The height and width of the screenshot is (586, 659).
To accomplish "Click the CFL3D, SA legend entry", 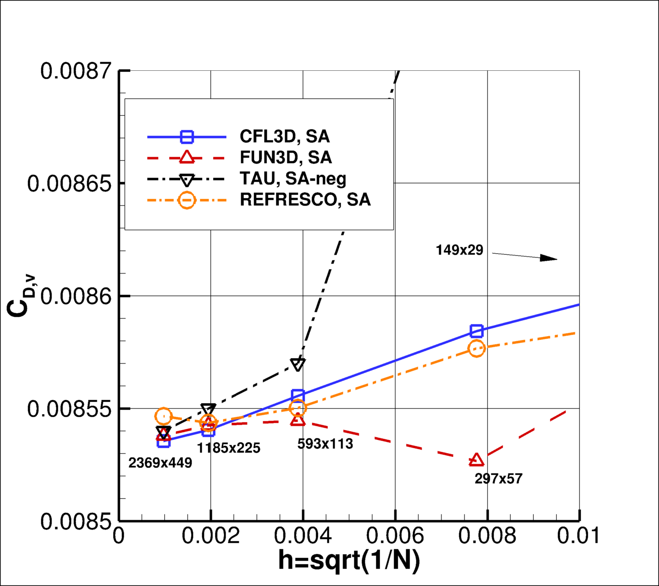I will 284,136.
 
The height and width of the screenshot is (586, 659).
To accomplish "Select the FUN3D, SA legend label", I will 286,158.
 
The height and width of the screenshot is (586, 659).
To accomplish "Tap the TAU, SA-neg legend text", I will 293,178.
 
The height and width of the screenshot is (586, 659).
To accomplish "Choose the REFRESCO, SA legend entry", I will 305,200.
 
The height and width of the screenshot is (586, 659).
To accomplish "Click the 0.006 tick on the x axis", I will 395,536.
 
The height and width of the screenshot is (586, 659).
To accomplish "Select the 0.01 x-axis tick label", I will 578,536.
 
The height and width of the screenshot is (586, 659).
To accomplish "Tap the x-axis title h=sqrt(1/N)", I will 349,561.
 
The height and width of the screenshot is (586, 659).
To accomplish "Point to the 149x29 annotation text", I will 459,250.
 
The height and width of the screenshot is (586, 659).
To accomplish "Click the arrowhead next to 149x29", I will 549,258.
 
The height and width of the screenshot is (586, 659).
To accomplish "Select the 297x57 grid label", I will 498,479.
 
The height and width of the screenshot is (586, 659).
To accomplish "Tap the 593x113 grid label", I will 325,444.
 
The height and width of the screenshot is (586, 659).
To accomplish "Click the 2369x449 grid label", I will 160,463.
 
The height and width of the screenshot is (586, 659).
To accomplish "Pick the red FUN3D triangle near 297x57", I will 476,460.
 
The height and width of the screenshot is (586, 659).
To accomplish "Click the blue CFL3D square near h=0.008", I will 477,331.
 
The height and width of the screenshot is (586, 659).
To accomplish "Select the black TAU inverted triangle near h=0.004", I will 298,364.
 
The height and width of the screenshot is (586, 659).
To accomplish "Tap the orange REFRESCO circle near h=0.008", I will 477,348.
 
